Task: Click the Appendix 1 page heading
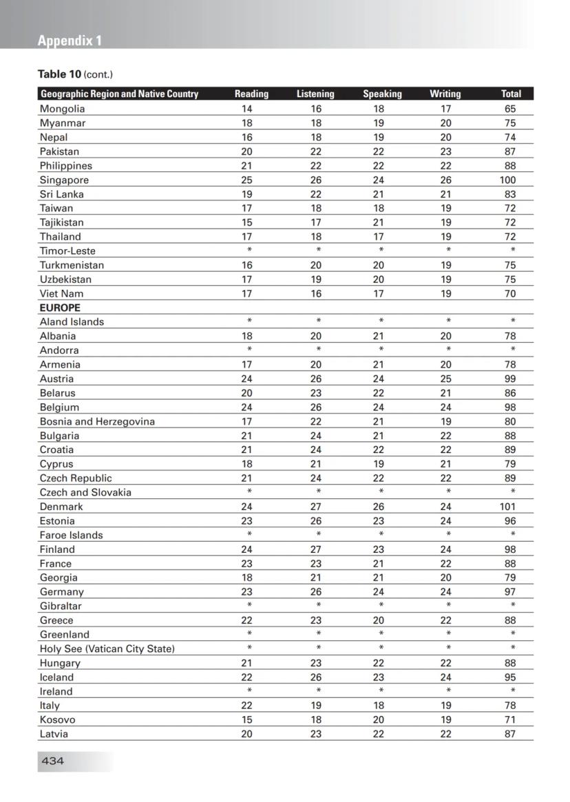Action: coord(70,41)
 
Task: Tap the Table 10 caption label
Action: coord(74,74)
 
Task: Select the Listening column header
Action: coord(315,94)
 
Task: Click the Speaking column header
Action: coord(382,94)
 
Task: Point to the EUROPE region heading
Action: coord(60,308)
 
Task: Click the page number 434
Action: coord(53,761)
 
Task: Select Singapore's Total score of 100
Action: coord(508,180)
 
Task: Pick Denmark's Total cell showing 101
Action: coord(509,507)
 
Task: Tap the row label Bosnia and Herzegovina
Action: coord(97,421)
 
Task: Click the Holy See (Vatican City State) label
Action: coord(107,648)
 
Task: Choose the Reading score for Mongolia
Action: coord(246,109)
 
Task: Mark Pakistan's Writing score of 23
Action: coord(445,151)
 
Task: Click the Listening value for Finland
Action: coord(315,549)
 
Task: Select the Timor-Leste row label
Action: coord(67,251)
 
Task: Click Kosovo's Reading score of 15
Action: coord(246,719)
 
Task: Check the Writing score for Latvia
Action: coord(445,734)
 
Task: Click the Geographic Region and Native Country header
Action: coord(119,94)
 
